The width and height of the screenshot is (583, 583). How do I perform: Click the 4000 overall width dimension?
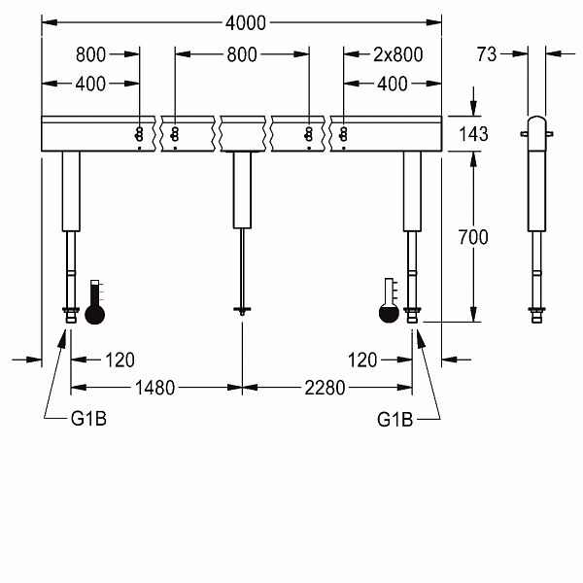246,23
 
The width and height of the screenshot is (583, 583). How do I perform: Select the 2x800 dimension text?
397,54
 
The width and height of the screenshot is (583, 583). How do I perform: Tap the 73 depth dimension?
487,54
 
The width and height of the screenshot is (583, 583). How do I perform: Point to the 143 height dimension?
473,134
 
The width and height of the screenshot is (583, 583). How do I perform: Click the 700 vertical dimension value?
473,237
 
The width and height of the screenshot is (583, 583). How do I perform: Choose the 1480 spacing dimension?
154,388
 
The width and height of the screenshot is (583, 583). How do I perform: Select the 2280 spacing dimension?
325,388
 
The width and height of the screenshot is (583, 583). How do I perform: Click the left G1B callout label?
88,419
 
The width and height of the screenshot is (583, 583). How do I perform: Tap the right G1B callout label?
394,420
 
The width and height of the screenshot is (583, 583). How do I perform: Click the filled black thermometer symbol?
95,302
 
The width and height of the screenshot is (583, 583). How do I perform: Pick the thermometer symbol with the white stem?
389,300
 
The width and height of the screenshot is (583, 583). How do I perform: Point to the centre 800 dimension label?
242,54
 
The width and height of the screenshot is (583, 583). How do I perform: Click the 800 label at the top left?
90,54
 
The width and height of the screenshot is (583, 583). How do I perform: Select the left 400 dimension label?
90,84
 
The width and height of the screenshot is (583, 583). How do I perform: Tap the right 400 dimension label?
393,84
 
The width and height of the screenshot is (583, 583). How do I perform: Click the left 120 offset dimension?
120,360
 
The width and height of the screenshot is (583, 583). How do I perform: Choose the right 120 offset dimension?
362,360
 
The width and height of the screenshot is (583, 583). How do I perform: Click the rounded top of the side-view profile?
537,120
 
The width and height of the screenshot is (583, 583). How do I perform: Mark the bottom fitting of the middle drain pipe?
242,310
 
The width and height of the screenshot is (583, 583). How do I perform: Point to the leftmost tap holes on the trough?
139,135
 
